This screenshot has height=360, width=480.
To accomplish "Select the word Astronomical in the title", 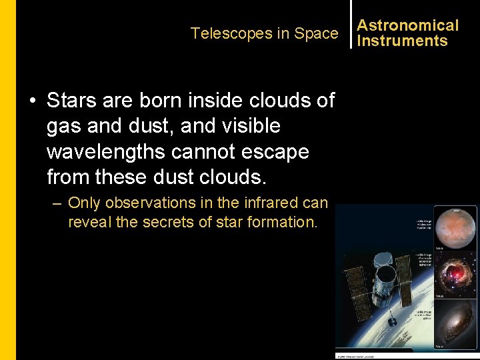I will pyautogui.click(x=408, y=25).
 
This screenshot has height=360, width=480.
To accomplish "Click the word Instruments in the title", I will pyautogui.click(x=402, y=41).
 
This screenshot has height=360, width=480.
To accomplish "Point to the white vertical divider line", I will pyautogui.click(x=351, y=24).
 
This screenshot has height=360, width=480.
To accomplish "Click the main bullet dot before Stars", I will pyautogui.click(x=32, y=101).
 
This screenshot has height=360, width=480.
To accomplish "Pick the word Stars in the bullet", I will pyautogui.click(x=72, y=101).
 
